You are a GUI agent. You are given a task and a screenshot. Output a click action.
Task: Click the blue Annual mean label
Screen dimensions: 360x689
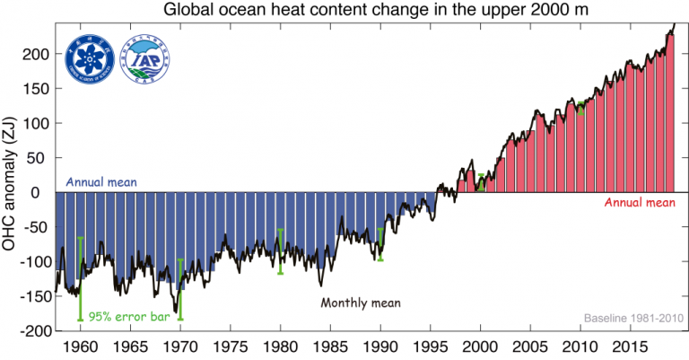(x=101, y=182)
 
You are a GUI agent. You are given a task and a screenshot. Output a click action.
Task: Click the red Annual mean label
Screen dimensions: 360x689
(x=639, y=204)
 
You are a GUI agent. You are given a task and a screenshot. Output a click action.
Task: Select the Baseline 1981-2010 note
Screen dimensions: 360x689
(x=633, y=319)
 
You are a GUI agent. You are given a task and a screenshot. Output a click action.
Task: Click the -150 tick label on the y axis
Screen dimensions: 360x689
(x=29, y=296)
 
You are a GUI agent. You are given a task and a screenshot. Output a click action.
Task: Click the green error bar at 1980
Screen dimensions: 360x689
(x=281, y=251)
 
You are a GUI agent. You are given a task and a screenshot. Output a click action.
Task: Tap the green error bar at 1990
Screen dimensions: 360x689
(x=380, y=243)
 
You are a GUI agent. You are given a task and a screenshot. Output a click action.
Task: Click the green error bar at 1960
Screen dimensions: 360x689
(x=81, y=278)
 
